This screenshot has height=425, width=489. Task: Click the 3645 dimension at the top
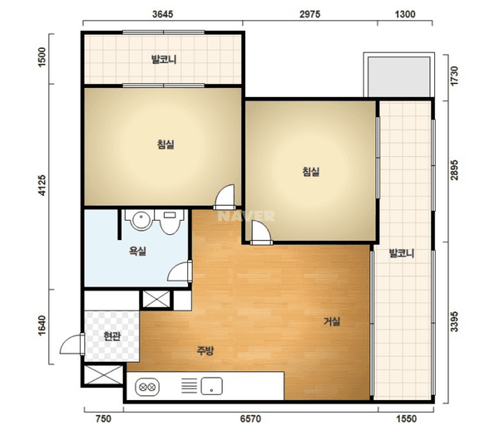162,14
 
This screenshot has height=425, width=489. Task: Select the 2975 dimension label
309,14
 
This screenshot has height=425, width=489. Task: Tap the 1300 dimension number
405,14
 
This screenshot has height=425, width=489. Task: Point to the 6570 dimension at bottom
250,418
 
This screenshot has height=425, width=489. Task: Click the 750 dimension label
103,418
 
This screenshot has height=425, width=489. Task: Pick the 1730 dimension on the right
454,76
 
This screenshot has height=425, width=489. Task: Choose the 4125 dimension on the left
42,185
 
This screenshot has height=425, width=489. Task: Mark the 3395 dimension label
454,321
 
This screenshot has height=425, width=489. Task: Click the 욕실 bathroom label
137,251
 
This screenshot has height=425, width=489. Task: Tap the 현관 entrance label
112,336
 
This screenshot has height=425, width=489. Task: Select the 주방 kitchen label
205,351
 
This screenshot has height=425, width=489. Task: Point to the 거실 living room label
332,321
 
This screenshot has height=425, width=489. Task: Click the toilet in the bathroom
170,222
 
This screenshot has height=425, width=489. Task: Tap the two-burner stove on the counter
147,388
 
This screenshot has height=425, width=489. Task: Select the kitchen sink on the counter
212,386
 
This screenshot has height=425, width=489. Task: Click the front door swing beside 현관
72,344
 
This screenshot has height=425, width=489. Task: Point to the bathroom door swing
180,271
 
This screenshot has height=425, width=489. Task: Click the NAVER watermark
246,216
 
